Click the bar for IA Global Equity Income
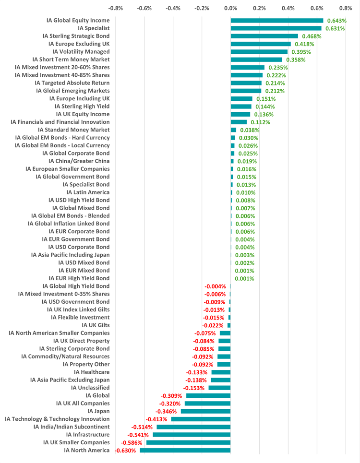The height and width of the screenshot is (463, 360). [x=277, y=21]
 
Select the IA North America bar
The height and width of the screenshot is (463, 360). [x=185, y=451]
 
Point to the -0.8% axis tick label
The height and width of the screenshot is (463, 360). [x=116, y=8]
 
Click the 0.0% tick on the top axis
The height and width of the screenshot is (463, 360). [x=231, y=8]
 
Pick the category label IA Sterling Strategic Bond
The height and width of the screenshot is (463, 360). [x=76, y=36]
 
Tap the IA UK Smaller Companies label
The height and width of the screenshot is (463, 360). [x=76, y=443]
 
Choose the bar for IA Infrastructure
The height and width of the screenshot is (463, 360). [x=192, y=435]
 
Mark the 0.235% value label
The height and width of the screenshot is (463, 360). [x=278, y=68]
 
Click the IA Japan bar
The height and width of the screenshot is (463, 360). [x=206, y=411]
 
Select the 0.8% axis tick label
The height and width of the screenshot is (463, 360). [x=346, y=8]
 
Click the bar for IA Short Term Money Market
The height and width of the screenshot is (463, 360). [x=256, y=59]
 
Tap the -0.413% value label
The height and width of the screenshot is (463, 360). [x=156, y=419]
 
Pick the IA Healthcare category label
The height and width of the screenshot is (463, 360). [x=92, y=372]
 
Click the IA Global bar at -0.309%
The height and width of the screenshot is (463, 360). [x=208, y=396]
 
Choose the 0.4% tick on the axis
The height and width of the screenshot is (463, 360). [x=288, y=8]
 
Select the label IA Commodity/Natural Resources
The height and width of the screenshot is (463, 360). [x=65, y=356]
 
